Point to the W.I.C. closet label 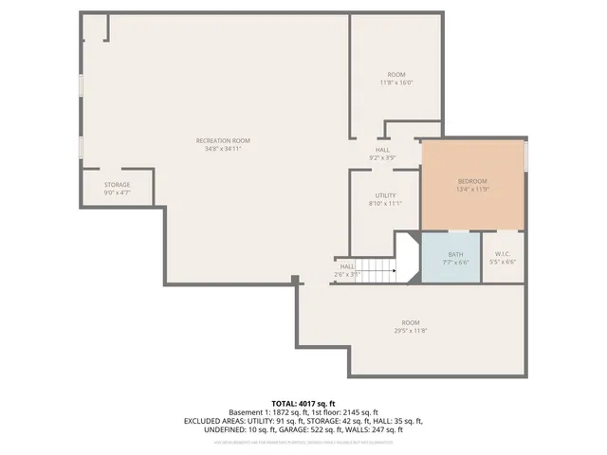pyautogui.click(x=502, y=254)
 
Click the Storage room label pyautogui.click(x=117, y=184)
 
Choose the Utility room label pyautogui.click(x=385, y=194)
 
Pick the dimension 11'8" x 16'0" pyautogui.click(x=396, y=82)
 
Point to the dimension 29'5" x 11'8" pyautogui.click(x=410, y=330)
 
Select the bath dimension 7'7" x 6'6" pyautogui.click(x=456, y=263)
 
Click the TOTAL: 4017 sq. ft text pyautogui.click(x=303, y=404)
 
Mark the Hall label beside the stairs pyautogui.click(x=347, y=266)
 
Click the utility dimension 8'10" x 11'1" pyautogui.click(x=385, y=203)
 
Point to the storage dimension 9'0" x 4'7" pyautogui.click(x=117, y=192)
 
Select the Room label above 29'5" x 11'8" pyautogui.click(x=410, y=322)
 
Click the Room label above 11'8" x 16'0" pyautogui.click(x=396, y=74)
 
